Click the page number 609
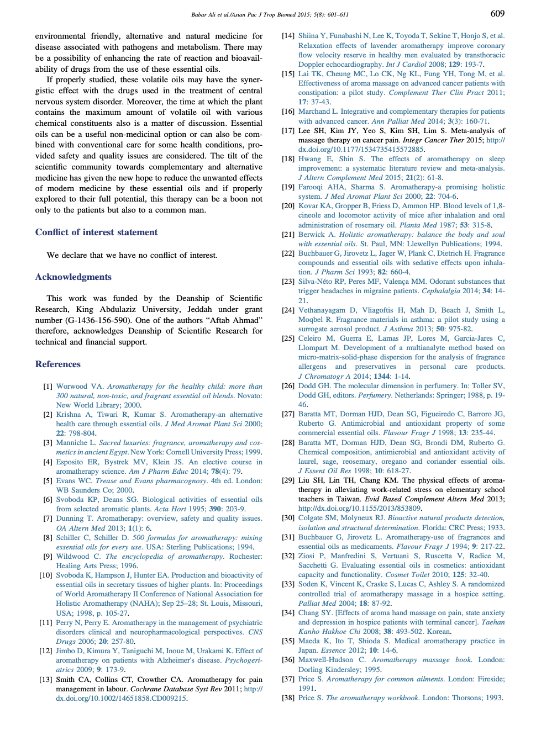[x=497, y=13]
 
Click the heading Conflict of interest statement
[x=96, y=232]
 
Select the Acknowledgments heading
[x=73, y=277]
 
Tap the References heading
[x=57, y=364]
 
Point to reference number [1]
[x=48, y=387]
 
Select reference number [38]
[x=288, y=698]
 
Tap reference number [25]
[x=288, y=338]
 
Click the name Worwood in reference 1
[x=72, y=387]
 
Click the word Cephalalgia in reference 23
[x=440, y=291]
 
